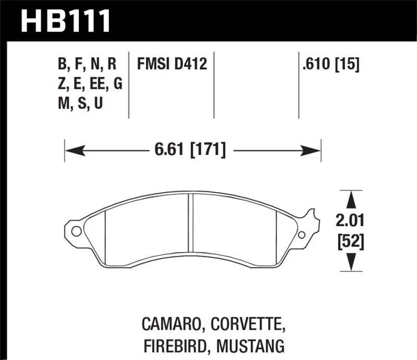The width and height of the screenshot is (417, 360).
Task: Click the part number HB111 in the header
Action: (x=66, y=21)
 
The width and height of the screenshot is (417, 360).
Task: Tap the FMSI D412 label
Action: (x=172, y=65)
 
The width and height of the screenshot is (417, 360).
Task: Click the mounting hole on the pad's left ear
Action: (x=76, y=232)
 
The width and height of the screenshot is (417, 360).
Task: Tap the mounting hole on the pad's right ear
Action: (x=303, y=234)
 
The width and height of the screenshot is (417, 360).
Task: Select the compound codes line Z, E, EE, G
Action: (x=90, y=84)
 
